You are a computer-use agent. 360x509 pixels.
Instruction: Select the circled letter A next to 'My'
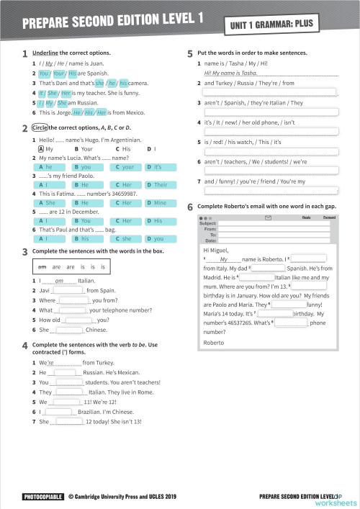pyautogui.click(x=41, y=149)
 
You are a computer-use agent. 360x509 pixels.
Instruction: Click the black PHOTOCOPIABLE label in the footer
pyautogui.click(x=41, y=496)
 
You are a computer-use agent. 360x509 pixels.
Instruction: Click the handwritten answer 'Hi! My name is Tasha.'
pyautogui.click(x=230, y=73)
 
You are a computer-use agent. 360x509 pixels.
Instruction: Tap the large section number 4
pyautogui.click(x=24, y=346)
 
